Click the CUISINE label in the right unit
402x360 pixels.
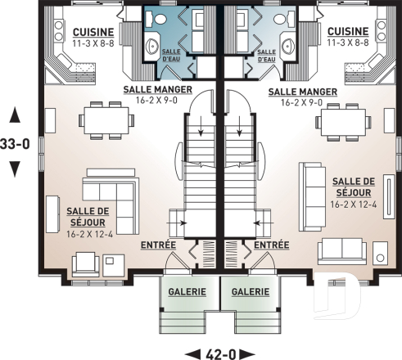[347, 31]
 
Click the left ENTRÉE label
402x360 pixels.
[158, 245]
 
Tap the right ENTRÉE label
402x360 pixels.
[271, 245]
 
